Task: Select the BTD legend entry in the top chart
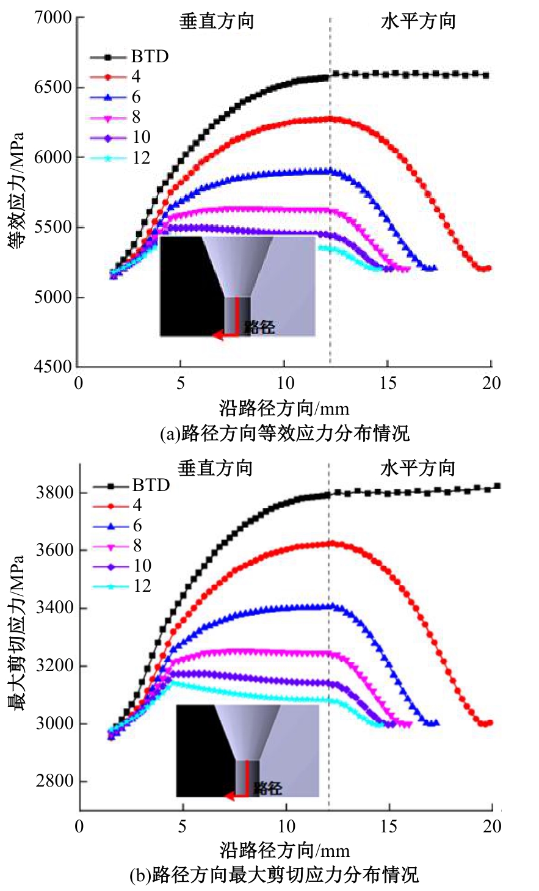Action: coord(150,57)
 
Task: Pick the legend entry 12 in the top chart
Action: coord(141,158)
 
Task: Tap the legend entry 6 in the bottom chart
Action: coord(137,526)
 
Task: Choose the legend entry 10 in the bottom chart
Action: coord(142,566)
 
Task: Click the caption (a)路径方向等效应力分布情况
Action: coord(284,434)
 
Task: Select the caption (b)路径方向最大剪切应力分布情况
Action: coord(274,875)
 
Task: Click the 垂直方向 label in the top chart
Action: coord(216,22)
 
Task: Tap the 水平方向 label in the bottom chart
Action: coord(418,469)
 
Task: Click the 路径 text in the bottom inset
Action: coord(267,788)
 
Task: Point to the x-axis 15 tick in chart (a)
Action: coord(388,383)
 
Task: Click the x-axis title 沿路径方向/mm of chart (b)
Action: coord(284,850)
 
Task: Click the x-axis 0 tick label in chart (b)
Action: coord(79,827)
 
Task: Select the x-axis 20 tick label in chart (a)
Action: coord(491,383)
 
